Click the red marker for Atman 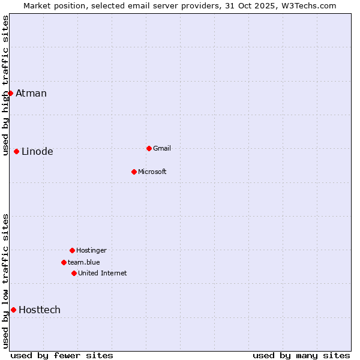click(x=10, y=93)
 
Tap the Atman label click(x=31, y=93)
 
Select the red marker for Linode click(x=16, y=151)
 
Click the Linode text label click(x=37, y=151)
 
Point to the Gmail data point click(x=149, y=148)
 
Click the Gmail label click(x=162, y=148)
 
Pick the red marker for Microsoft click(x=134, y=172)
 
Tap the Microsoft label click(x=152, y=172)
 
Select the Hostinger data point click(x=72, y=250)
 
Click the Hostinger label click(x=91, y=250)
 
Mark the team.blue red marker click(x=64, y=262)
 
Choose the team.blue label click(x=84, y=262)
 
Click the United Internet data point click(x=74, y=273)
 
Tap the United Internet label click(x=103, y=273)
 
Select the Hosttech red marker click(x=13, y=310)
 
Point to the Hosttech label click(x=40, y=310)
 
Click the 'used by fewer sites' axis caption click(x=62, y=355)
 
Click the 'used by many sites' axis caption click(x=301, y=355)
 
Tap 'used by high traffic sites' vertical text click(x=5, y=85)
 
